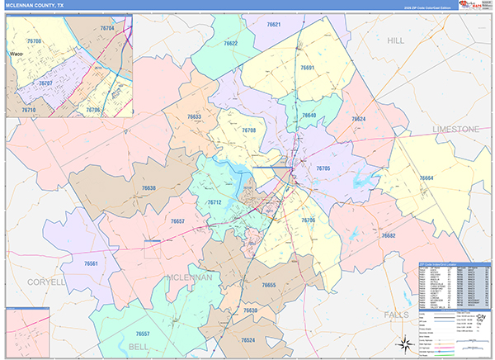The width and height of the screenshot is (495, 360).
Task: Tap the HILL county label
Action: click(x=398, y=40)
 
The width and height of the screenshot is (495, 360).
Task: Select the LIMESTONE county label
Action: click(x=455, y=130)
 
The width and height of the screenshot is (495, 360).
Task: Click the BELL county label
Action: click(x=140, y=347)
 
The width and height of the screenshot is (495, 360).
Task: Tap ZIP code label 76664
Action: click(x=426, y=178)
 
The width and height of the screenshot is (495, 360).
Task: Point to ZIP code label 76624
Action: click(x=358, y=119)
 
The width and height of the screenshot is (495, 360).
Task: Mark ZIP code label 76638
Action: click(x=148, y=188)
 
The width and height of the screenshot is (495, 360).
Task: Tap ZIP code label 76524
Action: click(x=248, y=340)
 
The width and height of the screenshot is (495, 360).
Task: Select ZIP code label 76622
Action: click(x=230, y=43)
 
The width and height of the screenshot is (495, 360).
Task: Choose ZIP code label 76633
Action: click(x=194, y=117)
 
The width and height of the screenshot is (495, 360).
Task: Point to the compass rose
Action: click(x=403, y=345)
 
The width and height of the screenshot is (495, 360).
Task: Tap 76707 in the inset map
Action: click(x=46, y=83)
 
